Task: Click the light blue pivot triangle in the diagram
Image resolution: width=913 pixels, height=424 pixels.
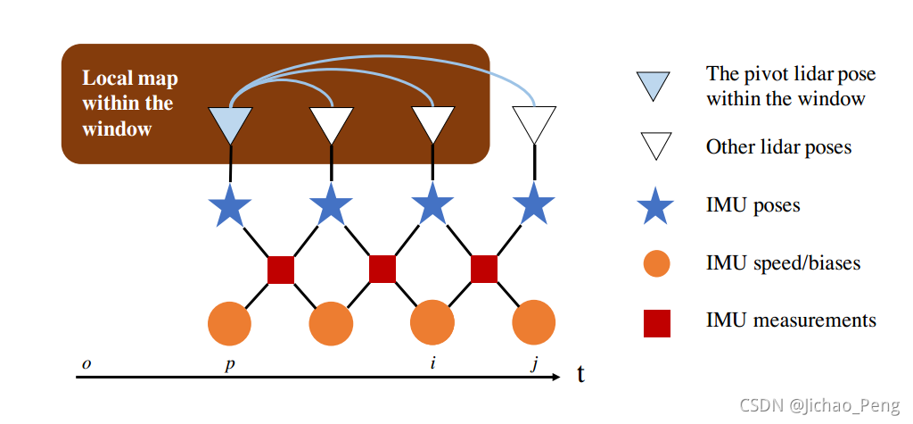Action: (x=231, y=124)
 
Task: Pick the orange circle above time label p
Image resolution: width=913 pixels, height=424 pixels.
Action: (x=231, y=323)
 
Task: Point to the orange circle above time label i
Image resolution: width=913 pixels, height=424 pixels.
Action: (x=432, y=323)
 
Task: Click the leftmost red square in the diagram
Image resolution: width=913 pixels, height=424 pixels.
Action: (x=281, y=269)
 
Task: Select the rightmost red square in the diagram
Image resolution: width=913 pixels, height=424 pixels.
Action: (x=483, y=269)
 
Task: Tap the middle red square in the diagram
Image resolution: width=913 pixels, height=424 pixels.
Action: (x=382, y=269)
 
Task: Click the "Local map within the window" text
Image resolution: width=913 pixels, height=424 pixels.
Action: (x=127, y=103)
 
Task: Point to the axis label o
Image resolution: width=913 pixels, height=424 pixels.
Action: (x=86, y=364)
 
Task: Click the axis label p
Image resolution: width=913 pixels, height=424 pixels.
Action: (x=230, y=365)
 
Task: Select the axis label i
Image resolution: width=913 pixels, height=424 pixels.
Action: (x=433, y=364)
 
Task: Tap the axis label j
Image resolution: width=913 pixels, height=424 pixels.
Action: (x=534, y=365)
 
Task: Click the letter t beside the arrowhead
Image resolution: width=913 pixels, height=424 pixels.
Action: (x=580, y=374)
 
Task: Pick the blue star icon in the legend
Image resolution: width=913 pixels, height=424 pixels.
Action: (x=657, y=205)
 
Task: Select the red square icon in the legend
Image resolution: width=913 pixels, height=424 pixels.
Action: (x=657, y=321)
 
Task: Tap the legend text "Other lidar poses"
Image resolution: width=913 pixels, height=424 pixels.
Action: (x=778, y=146)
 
